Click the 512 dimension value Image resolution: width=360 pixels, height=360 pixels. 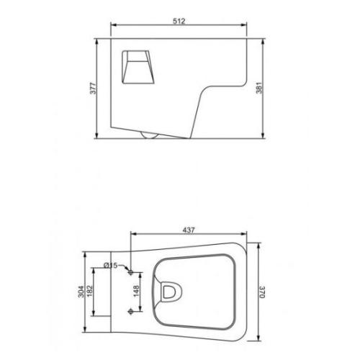click(179, 21)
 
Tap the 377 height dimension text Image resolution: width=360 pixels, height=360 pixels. click(93, 88)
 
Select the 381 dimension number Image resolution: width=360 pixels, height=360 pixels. click(259, 88)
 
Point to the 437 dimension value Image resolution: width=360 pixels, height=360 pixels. click(189, 230)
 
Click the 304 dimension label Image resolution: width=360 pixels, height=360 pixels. click(81, 292)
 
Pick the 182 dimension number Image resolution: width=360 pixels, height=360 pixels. click(89, 291)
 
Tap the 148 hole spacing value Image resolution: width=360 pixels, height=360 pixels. click(136, 291)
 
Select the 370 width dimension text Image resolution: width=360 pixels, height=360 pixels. click(262, 292)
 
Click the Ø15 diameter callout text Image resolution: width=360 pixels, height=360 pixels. click(111, 265)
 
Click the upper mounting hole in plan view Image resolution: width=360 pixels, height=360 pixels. click(131, 272)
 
